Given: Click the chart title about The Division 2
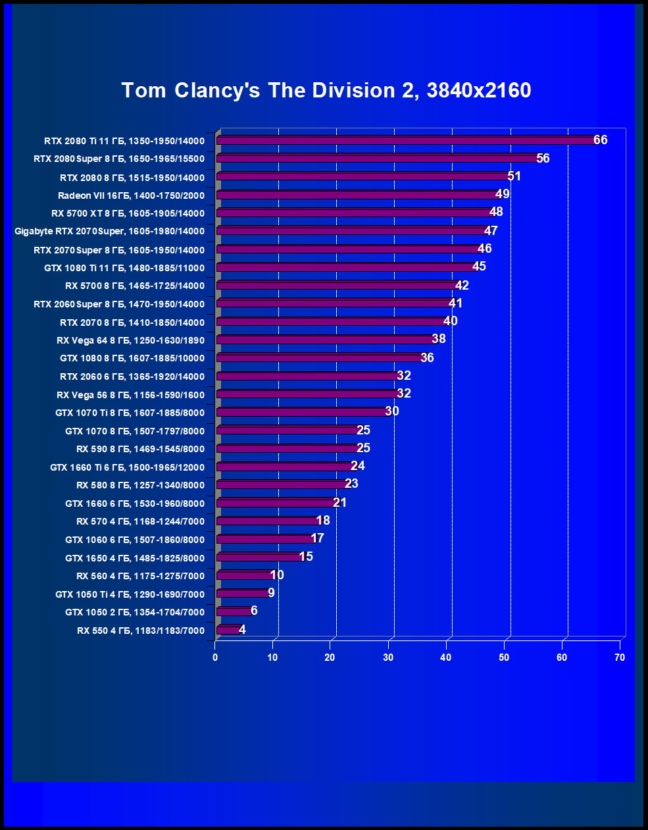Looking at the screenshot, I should point(326,90).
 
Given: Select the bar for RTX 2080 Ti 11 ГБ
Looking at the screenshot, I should point(405,140).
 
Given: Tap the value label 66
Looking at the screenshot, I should point(601,140).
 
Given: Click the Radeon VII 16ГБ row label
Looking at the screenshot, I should point(131,195).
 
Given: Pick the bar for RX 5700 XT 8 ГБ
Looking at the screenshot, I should point(353,213).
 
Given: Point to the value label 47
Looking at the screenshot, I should point(491,230).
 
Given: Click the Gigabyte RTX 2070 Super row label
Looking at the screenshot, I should point(109,231).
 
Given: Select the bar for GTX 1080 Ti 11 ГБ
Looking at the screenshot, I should point(345,267).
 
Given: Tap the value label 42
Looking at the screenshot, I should point(462,285).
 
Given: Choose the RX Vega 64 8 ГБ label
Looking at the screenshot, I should point(130,340).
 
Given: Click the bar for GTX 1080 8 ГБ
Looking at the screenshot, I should point(318,357).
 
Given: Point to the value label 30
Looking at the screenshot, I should point(392,411).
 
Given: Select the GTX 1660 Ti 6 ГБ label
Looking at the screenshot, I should point(127,467).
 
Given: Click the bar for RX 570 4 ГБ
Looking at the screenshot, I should point(266,521).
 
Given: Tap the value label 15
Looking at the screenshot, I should point(306,556).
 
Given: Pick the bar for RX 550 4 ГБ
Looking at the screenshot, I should point(228,630).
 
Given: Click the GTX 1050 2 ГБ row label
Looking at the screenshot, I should point(135,612).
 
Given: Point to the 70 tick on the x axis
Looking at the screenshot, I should point(620,658).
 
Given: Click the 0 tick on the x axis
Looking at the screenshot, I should point(215,658).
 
